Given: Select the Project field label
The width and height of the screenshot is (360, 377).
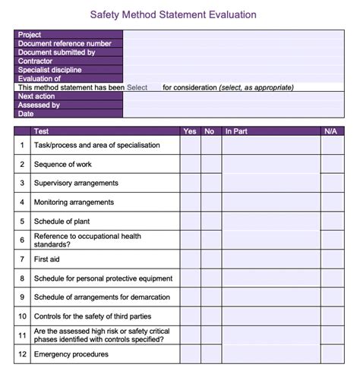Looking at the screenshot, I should [30, 35].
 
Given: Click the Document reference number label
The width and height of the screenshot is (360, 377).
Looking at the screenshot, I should [65, 44].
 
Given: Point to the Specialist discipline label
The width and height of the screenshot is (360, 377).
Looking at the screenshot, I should [55, 70].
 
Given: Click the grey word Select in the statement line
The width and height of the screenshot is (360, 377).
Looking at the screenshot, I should [137, 87].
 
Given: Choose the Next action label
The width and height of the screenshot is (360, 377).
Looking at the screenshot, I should [36, 96].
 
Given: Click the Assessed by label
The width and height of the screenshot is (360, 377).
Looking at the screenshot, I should [39, 105].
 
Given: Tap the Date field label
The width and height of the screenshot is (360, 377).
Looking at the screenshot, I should [26, 114].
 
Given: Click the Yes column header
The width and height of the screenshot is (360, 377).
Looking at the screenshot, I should [190, 132].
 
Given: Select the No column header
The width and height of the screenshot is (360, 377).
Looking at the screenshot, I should [210, 132].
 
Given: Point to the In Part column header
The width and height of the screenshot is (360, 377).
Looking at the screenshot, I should [235, 132].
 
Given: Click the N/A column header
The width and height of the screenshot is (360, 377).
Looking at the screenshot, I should [330, 132].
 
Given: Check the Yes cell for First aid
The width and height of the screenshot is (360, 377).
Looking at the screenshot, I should [190, 259].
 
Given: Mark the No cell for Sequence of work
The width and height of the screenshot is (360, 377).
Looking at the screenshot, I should [210, 164].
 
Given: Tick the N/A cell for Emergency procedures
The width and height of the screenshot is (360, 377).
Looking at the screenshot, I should [331, 354].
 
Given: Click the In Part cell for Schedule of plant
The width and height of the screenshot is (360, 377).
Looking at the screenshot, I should [270, 221].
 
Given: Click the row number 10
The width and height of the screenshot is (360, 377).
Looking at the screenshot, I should [23, 316].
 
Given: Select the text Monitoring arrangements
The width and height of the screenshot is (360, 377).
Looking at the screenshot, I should [74, 203].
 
